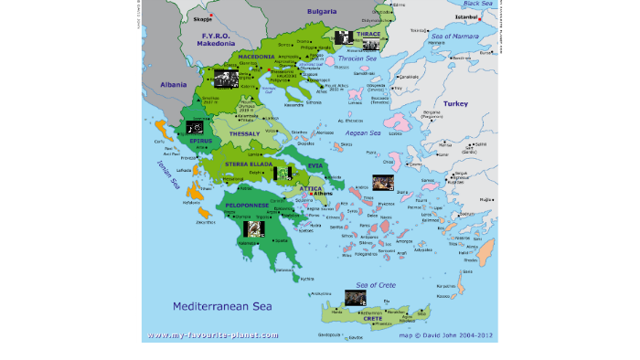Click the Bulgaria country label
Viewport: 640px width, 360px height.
click(x=321, y=11)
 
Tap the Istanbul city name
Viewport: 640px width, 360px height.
click(x=467, y=16)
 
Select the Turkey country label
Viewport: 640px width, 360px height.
click(x=455, y=104)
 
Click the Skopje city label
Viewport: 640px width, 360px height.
click(x=202, y=17)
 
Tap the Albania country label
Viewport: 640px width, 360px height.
click(x=173, y=83)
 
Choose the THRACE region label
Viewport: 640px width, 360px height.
click(x=368, y=34)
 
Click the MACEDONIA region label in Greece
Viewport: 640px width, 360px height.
click(x=257, y=56)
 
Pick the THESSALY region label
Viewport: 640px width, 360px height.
click(x=245, y=133)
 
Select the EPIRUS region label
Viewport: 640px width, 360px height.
click(x=200, y=141)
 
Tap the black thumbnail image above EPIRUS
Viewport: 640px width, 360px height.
click(x=194, y=127)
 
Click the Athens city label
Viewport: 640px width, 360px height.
click(x=323, y=194)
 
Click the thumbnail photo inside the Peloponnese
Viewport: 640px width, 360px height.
click(x=253, y=228)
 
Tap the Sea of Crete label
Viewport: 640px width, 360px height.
click(x=375, y=285)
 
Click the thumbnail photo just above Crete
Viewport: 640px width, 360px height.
click(x=356, y=297)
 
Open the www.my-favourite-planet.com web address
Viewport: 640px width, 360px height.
click(x=212, y=335)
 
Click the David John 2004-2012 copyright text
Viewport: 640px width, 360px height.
click(x=446, y=335)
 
